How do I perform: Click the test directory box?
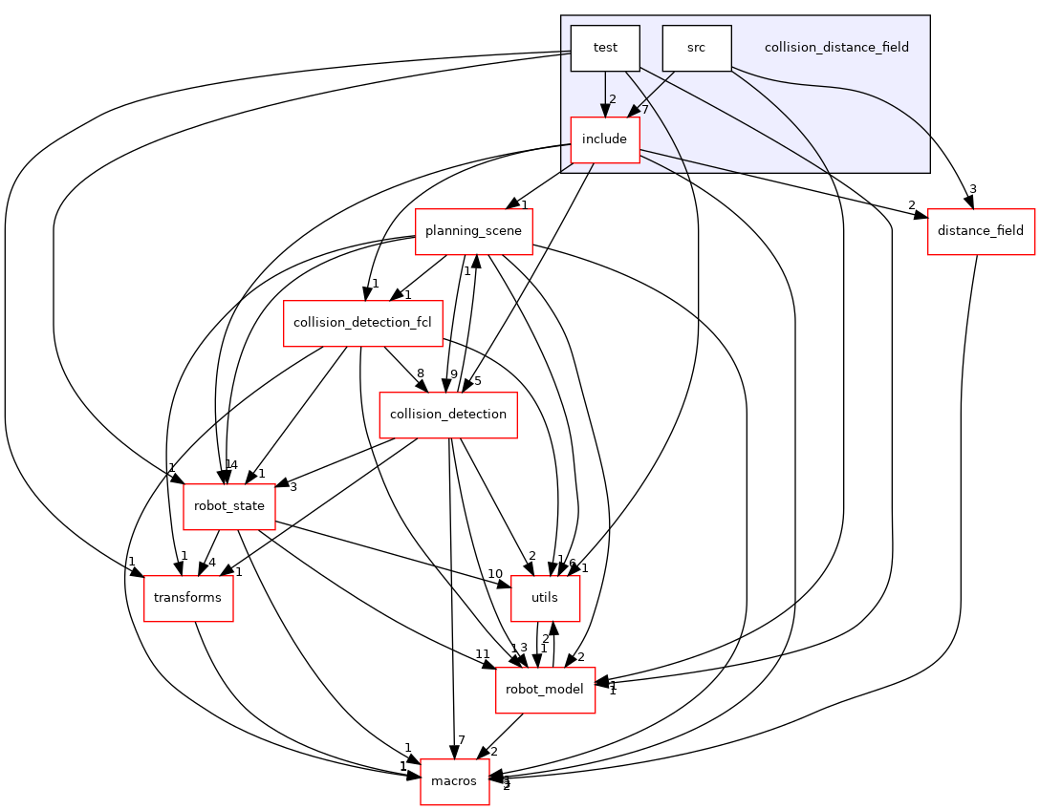click(604, 48)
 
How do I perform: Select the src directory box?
click(696, 48)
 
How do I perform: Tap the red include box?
click(604, 139)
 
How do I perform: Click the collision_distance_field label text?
click(835, 47)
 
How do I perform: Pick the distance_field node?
click(981, 231)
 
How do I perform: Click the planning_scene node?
click(473, 231)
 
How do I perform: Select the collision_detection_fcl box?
click(362, 323)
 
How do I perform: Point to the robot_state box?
click(229, 506)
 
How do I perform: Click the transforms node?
click(188, 598)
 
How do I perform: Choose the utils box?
click(545, 598)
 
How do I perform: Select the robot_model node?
click(545, 690)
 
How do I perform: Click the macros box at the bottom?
click(455, 781)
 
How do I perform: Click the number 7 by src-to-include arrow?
click(645, 109)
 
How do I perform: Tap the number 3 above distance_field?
click(973, 189)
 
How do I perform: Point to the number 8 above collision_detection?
click(420, 373)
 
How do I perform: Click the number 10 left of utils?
click(494, 574)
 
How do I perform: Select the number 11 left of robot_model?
click(483, 653)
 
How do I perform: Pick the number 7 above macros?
click(460, 741)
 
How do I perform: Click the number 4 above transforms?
click(212, 562)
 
